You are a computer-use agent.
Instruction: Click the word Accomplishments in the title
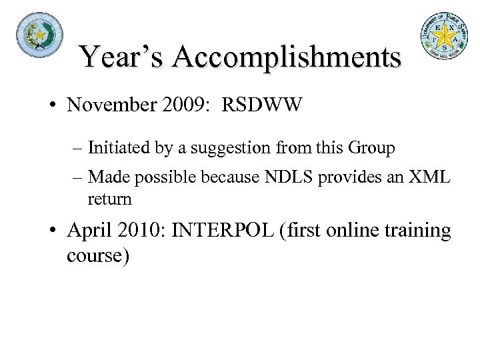pos(289,57)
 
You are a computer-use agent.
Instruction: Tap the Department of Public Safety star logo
pos(444,37)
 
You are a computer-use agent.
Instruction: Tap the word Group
pos(375,148)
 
